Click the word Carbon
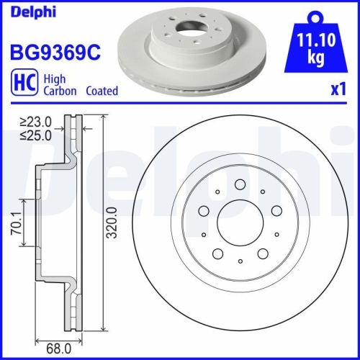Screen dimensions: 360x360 [59, 91]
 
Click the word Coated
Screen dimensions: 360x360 [102, 91]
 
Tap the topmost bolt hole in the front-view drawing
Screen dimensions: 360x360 [240, 184]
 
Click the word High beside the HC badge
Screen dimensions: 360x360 [55, 80]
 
